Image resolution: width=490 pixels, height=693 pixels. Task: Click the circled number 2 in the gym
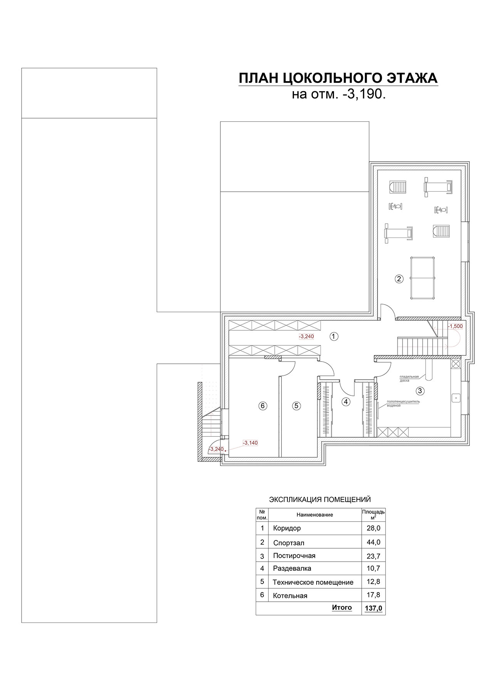point(399,279)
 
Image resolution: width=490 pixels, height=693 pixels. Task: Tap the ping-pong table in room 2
point(423,278)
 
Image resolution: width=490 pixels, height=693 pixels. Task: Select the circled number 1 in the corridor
point(334,336)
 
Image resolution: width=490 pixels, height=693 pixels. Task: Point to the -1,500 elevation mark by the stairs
point(455,326)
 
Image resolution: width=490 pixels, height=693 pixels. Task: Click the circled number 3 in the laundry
point(420,391)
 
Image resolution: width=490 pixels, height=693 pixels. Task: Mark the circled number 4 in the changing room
point(346,402)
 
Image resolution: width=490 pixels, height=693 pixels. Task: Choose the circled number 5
point(296,405)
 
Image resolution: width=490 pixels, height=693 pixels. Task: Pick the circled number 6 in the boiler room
point(263,405)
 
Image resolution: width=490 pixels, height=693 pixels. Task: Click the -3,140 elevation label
point(250,443)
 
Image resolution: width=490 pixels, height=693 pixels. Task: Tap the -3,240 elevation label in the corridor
point(307,336)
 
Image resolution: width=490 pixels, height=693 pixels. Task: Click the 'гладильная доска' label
point(409,378)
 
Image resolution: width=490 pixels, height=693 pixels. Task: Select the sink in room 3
point(456,397)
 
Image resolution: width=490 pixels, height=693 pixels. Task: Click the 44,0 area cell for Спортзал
point(373,542)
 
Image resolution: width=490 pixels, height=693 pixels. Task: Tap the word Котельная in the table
point(290,596)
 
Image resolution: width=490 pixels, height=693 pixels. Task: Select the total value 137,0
point(373,608)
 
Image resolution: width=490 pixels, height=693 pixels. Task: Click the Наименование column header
point(315,515)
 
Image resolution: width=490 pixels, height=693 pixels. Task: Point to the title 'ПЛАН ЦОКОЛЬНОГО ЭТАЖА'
point(338,78)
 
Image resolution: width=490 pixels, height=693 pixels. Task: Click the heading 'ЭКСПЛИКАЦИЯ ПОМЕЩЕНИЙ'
point(320,500)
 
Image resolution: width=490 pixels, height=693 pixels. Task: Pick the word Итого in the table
point(342,608)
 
